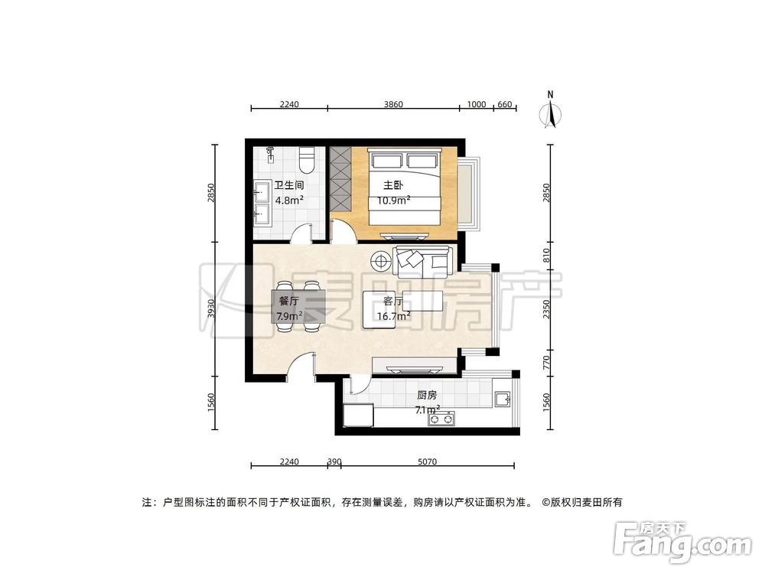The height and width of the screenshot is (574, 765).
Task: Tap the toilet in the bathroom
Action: click(306, 160)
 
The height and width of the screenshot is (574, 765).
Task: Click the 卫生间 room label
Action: click(269, 185)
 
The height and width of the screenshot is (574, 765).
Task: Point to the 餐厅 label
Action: click(288, 301)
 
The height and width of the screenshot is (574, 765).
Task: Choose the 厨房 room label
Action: click(427, 396)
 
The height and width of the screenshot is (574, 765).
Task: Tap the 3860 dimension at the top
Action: click(393, 105)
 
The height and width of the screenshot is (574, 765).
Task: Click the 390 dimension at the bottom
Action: click(334, 461)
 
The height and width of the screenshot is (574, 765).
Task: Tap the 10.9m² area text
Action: click(393, 201)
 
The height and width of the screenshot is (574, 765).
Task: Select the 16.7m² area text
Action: click(393, 315)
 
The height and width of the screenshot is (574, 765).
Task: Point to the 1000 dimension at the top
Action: click(477, 105)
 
